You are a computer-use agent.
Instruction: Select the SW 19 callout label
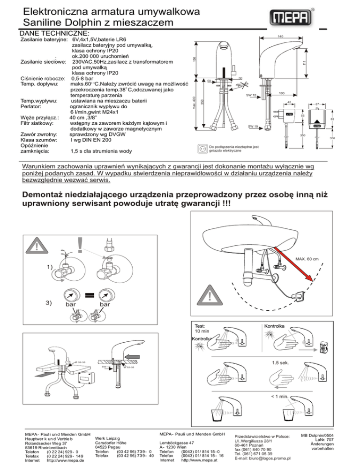[x=253, y=127]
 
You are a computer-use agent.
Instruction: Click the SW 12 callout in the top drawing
[x=251, y=96]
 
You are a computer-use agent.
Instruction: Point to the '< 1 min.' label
[x=280, y=398]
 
